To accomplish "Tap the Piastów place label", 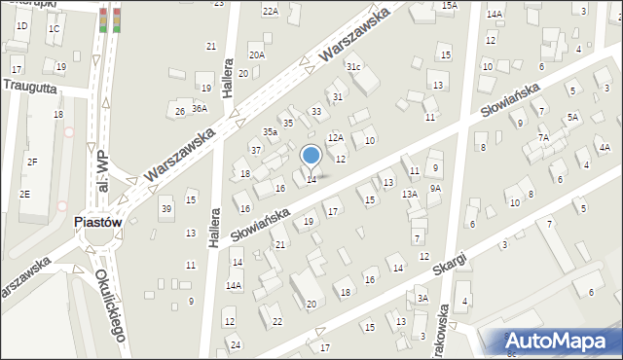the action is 97,222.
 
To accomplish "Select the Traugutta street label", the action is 30,86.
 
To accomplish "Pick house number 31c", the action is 354,66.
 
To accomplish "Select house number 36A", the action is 200,109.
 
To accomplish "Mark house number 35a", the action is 270,131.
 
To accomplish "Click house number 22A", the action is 270,11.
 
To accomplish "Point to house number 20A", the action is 256,55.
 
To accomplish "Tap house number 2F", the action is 32,162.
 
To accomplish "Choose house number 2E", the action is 24,195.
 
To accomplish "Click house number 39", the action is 166,209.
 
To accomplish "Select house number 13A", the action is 411,195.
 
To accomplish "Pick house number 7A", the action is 544,138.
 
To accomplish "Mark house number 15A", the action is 449,6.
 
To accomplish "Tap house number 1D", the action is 21,26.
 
